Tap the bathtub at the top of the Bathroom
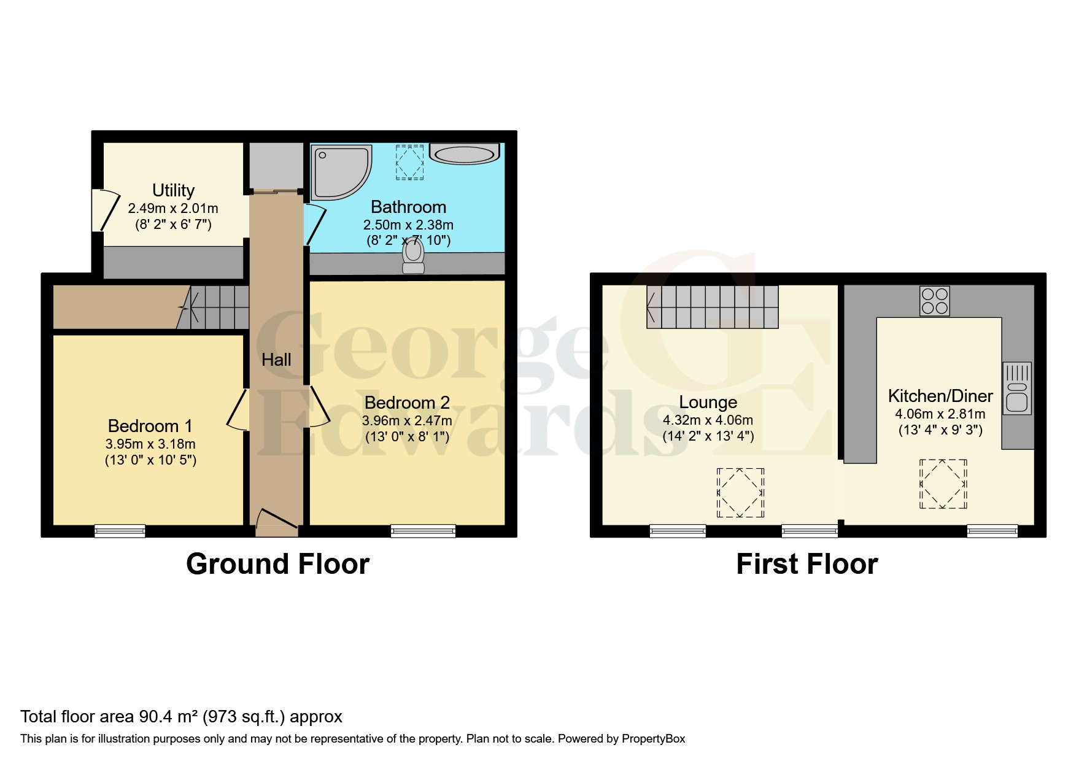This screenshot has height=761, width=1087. coord(465,153)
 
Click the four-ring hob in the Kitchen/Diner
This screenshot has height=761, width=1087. coord(934,301)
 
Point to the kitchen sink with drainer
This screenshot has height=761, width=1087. coord(1016,388)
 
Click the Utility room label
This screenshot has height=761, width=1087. coord(173,190)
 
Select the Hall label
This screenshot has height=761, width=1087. coord(276,360)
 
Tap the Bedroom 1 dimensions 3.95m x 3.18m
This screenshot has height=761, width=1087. coord(150,444)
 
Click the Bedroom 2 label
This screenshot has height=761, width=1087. coord(407,403)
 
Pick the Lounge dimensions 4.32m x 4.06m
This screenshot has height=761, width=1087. coord(708,420)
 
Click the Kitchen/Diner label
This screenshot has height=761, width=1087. coord(940,396)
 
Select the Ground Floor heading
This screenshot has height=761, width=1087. coord(277,563)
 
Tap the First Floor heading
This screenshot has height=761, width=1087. coord(807,563)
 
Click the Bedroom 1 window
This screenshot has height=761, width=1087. coord(120,530)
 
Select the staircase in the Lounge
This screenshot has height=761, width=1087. coord(712,307)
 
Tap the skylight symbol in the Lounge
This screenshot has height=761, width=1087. coord(741,492)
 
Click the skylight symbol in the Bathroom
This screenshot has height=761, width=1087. coord(409,162)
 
